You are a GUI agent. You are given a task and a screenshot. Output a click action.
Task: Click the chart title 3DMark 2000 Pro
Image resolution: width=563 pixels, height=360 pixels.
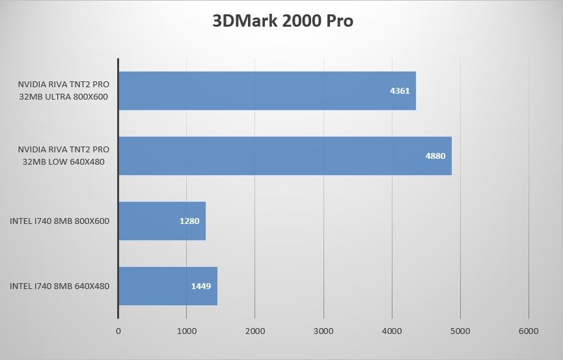[x=282, y=21]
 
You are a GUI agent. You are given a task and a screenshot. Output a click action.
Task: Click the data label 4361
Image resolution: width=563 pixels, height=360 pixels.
[x=400, y=90]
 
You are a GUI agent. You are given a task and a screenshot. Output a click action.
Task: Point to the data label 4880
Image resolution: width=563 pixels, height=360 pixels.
[x=435, y=156]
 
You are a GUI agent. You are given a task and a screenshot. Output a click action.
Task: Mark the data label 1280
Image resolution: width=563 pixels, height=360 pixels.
[x=189, y=221]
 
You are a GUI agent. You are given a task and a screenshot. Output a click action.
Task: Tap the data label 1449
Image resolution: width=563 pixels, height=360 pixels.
[x=201, y=286]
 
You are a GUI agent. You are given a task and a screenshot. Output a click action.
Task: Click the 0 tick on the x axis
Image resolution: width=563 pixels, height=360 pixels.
[x=118, y=331]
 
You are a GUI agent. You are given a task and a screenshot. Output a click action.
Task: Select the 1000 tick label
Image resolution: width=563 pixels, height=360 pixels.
[x=187, y=331]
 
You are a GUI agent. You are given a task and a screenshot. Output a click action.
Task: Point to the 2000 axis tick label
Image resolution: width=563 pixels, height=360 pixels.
[x=255, y=331]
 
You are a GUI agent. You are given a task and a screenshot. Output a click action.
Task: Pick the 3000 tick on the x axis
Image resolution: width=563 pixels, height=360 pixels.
[x=323, y=331]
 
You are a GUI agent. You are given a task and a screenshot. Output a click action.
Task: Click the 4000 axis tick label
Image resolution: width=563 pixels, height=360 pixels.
[x=392, y=331]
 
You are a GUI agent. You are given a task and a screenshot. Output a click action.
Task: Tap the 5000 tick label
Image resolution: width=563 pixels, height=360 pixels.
[x=460, y=331]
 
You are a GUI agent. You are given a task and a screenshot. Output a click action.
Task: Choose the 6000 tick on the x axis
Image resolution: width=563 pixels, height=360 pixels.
[x=529, y=331]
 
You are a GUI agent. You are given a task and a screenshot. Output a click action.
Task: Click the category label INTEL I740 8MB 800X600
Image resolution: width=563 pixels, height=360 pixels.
[x=59, y=221]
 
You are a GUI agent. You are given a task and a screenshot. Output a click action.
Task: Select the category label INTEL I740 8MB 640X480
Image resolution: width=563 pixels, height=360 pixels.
[x=59, y=286]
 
